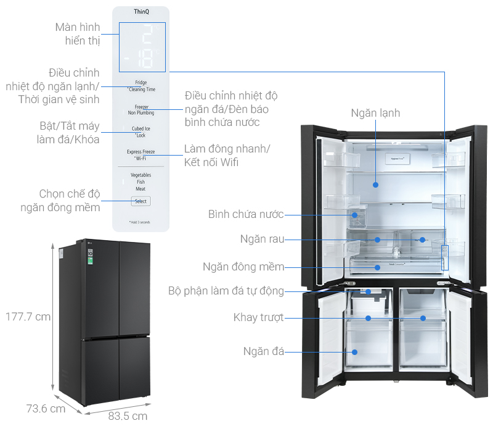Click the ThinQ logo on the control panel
click(141, 12)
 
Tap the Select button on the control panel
click(141, 201)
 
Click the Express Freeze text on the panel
click(141, 152)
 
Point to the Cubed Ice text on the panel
click(141, 129)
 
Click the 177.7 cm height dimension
click(27, 317)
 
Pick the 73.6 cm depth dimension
click(45, 408)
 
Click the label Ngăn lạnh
click(375, 113)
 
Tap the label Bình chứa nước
click(245, 214)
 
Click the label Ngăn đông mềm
click(243, 267)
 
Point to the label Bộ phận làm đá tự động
click(226, 291)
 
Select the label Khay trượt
click(258, 317)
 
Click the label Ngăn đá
click(263, 351)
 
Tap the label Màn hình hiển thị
click(77, 34)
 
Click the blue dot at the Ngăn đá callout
click(355, 352)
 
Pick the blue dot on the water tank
click(355, 215)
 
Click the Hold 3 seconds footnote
click(139, 222)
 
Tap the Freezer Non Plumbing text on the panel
click(141, 110)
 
